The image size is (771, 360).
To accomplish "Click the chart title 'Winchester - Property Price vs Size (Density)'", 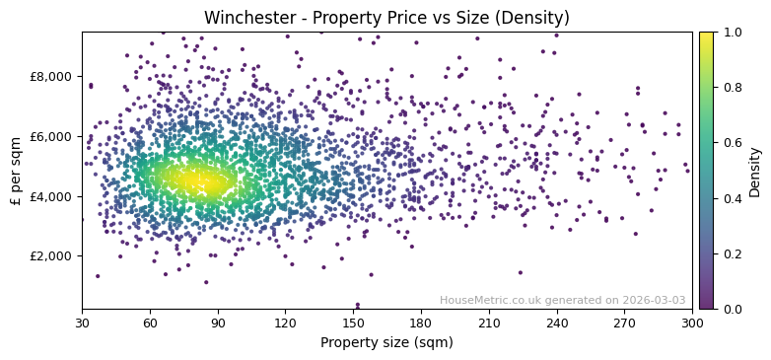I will pyautogui.click(x=386, y=18).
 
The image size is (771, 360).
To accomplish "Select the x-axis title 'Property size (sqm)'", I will pyautogui.click(x=386, y=343).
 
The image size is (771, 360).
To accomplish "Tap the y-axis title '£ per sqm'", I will pyautogui.click(x=16, y=170).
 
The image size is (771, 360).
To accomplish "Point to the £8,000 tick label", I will pyautogui.click(x=50, y=77).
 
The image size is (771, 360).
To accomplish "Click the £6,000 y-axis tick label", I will pyautogui.click(x=50, y=136).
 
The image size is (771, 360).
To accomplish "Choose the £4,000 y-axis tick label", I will pyautogui.click(x=50, y=196).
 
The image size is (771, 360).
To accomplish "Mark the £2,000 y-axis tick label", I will pyautogui.click(x=50, y=255).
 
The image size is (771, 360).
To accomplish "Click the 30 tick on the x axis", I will pyautogui.click(x=82, y=323).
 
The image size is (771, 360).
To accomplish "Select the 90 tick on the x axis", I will pyautogui.click(x=218, y=323).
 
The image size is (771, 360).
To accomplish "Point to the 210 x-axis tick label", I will pyautogui.click(x=489, y=323).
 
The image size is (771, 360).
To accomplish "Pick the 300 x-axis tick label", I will pyautogui.click(x=692, y=323).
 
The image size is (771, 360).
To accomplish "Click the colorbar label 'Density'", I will pyautogui.click(x=754, y=170).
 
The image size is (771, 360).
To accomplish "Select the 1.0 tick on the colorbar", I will pyautogui.click(x=731, y=32).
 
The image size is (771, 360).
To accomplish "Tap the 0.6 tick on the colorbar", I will pyautogui.click(x=731, y=143).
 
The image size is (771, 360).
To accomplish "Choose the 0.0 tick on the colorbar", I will pyautogui.click(x=731, y=309).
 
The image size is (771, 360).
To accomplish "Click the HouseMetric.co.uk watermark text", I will pyautogui.click(x=562, y=300).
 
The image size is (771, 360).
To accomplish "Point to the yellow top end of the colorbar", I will pyautogui.click(x=706, y=35).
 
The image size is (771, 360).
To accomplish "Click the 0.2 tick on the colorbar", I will pyautogui.click(x=731, y=253).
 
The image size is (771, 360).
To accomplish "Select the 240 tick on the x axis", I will pyautogui.click(x=557, y=323).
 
